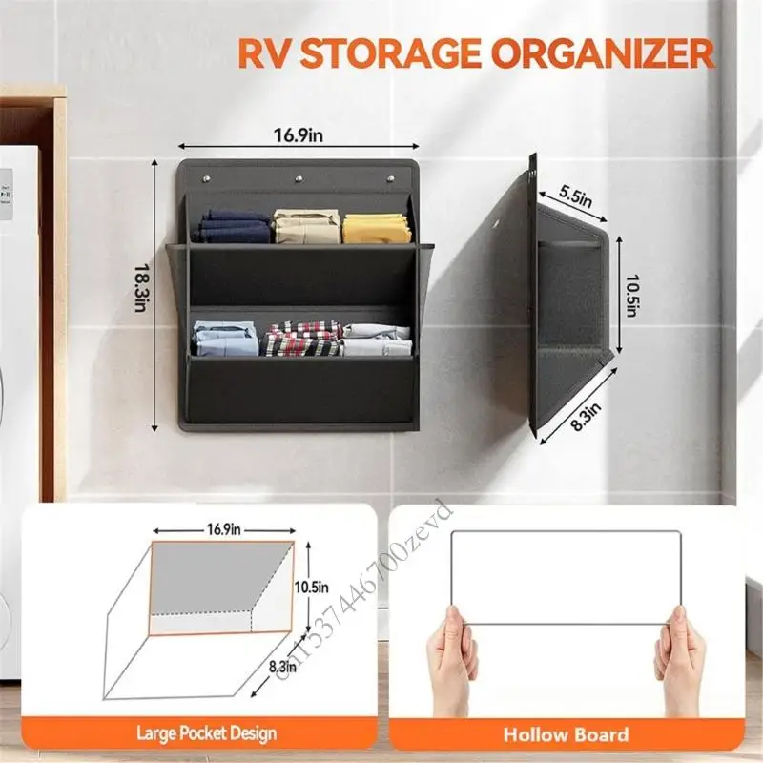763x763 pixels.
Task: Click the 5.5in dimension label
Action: click(x=575, y=196)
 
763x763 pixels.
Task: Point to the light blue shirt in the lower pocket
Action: click(x=225, y=340)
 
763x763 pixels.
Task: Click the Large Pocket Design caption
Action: click(x=206, y=733)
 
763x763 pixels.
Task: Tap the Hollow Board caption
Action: click(x=567, y=733)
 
